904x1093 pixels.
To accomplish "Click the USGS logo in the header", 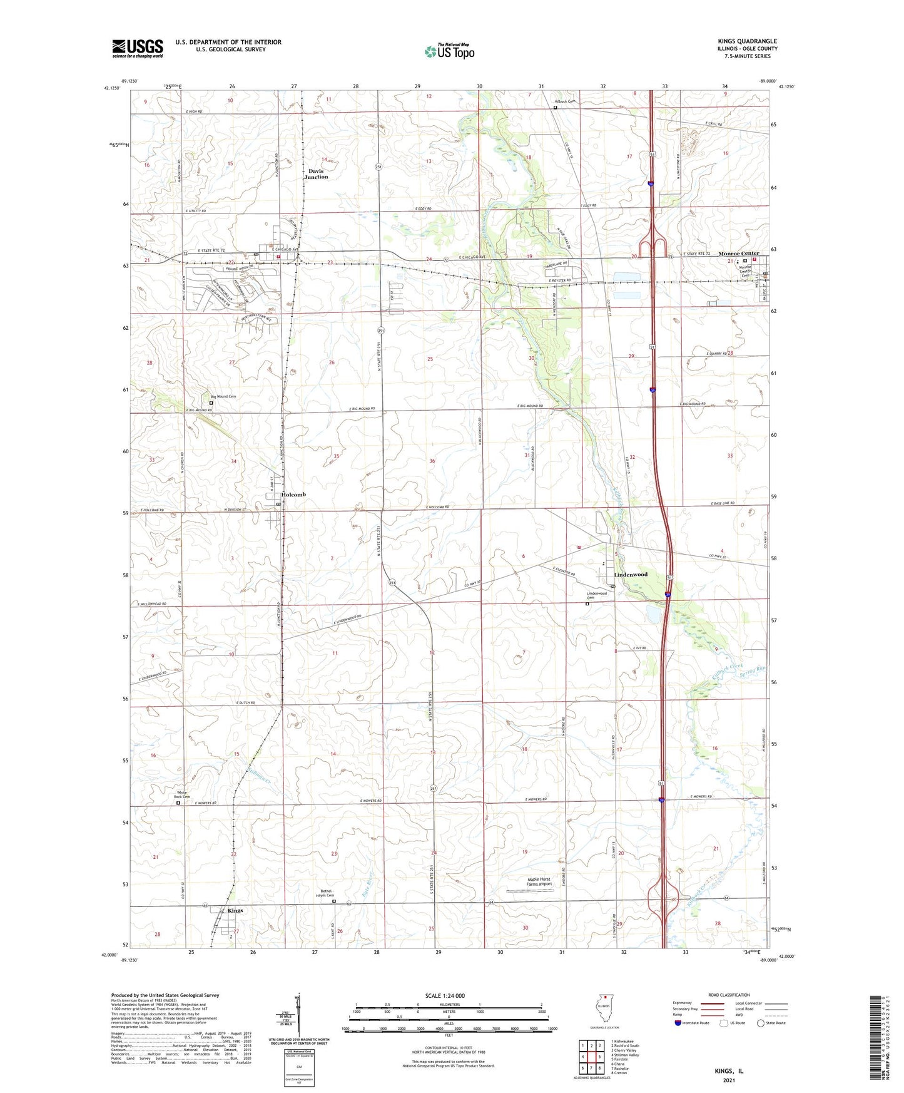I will (138, 48).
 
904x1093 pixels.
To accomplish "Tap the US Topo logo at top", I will (449, 51).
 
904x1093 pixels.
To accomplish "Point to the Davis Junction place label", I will (316, 174).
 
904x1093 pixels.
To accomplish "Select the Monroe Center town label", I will (738, 254).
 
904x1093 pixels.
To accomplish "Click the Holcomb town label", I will (293, 495).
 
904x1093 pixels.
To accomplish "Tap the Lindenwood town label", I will (631, 574).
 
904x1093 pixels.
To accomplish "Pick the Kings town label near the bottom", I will (235, 910).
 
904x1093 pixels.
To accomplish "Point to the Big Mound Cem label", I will (223, 396).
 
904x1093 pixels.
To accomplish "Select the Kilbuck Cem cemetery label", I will (565, 101).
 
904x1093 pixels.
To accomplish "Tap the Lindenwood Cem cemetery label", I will (597, 595).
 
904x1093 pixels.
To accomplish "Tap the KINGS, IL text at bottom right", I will (729, 1071).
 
